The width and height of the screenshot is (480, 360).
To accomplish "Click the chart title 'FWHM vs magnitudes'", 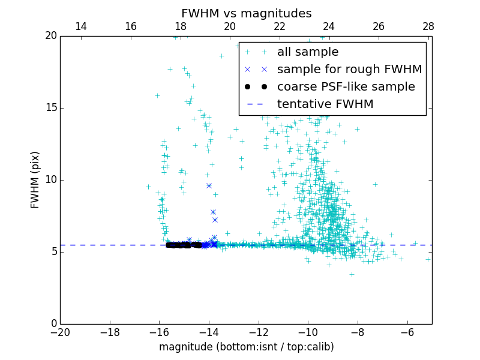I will [246, 13].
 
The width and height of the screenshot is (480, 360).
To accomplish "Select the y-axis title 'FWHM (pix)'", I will [35, 179].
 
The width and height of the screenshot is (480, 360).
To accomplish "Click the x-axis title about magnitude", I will [246, 347].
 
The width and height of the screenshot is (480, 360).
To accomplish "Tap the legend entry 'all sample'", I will [308, 52].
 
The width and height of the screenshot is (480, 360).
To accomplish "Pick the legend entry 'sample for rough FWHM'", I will [349, 70].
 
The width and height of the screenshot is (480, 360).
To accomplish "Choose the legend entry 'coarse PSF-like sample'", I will [346, 87].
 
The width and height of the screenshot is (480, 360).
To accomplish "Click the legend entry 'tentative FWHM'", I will [325, 104].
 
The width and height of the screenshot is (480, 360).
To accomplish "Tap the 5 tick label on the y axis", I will [53, 252].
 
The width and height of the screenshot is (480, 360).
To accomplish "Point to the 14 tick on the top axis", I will [80, 26].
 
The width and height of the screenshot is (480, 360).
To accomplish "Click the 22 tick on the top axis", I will [279, 26].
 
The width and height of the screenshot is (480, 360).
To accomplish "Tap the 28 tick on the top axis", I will [428, 26].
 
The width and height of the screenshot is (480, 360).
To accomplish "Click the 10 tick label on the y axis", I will [50, 180].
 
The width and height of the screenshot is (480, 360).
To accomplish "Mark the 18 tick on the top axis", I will [180, 26].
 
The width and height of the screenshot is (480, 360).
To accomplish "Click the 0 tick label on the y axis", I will [53, 324].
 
